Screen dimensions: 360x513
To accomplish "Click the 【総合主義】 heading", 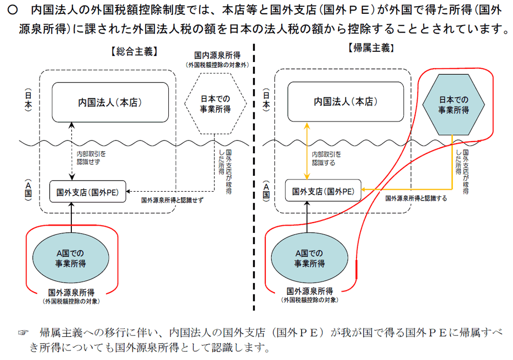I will [x=133, y=51].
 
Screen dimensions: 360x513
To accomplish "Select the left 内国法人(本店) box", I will [x=110, y=102].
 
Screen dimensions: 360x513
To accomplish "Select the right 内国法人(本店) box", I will [x=345, y=102].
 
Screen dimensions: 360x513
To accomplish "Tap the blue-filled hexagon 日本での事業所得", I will [x=453, y=104].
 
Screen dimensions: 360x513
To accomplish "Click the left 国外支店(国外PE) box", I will [x=88, y=192].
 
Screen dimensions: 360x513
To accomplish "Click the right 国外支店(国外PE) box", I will [x=323, y=191].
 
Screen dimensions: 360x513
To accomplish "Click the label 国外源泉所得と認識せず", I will [x=172, y=200].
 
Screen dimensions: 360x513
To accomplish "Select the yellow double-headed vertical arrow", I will [x=307, y=151].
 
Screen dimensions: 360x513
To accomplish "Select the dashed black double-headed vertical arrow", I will [x=72, y=151].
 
